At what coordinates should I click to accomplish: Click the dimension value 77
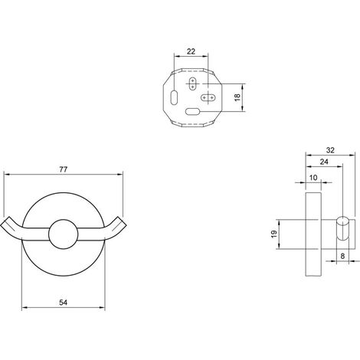click(63, 169)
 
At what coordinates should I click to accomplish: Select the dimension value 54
click(63, 303)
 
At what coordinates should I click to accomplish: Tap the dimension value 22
click(191, 51)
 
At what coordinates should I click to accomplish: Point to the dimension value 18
click(237, 97)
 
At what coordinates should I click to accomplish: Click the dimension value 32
click(330, 150)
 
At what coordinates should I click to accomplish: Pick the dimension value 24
click(324, 162)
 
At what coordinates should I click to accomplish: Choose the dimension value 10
click(313, 177)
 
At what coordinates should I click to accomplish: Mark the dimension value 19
click(274, 234)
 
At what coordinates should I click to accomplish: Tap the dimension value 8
click(342, 256)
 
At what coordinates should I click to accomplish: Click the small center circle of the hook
click(64, 234)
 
